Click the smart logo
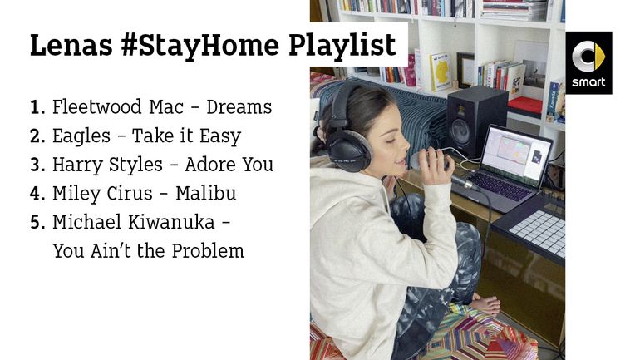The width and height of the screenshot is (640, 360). pos(588,62)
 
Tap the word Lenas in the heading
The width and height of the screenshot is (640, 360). pos(71,45)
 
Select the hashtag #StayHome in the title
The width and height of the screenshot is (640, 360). pos(200,46)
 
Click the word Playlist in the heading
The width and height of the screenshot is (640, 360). pos(342,46)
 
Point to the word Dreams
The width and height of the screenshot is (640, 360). pos(239,107)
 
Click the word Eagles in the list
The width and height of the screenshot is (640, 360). pos(81,136)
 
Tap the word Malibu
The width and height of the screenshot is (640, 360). pos(206,194)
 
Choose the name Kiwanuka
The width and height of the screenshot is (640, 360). pos(171,223)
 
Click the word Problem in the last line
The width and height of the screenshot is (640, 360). pos(207,251)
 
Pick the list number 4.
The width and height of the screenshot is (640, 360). pos(37,194)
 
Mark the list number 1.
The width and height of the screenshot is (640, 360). pos(37,108)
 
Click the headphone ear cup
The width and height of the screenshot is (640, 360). pos(348,150)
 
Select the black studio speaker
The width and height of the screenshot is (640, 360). pos(476,121)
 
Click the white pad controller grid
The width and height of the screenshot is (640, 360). pos(539,231)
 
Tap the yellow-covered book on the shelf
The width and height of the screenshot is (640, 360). pos(441,72)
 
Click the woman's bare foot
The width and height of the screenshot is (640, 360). pos(486,304)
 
